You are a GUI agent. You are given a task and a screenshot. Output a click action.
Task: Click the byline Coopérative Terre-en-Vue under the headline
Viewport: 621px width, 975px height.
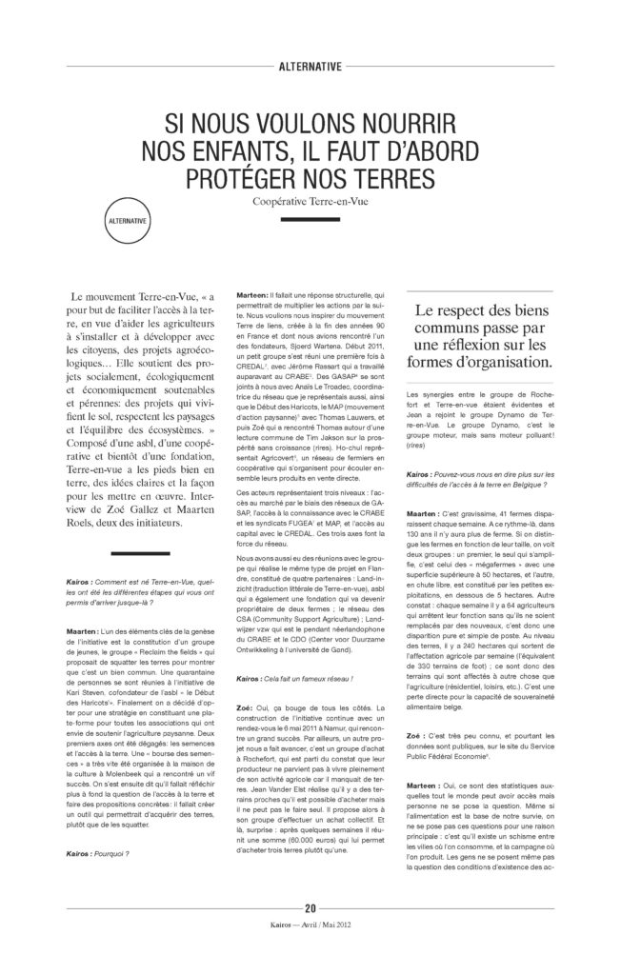point(310,202)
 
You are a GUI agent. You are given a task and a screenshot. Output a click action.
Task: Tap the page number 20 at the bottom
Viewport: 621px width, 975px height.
point(310,935)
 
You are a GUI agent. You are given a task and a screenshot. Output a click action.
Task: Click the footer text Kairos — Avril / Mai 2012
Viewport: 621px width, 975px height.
point(310,950)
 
